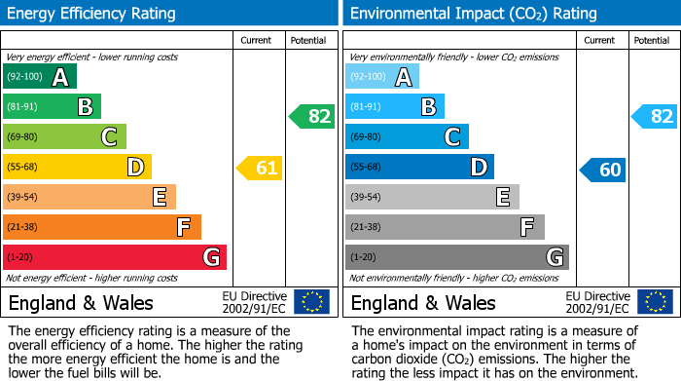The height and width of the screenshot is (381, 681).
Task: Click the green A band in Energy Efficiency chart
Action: tap(39, 77)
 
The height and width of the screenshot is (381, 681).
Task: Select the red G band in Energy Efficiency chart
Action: tap(114, 257)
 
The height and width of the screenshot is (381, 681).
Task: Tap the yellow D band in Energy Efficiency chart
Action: tap(77, 168)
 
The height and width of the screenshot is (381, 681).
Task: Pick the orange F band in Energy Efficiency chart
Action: tap(101, 228)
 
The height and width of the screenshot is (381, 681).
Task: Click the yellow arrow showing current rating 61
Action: tap(260, 168)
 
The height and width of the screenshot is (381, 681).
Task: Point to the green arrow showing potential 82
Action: tap(311, 117)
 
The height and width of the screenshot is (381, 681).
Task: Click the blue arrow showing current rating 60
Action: tap(602, 170)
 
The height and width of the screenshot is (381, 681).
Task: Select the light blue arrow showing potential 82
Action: tap(654, 117)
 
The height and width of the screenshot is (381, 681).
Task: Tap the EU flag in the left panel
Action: tap(311, 302)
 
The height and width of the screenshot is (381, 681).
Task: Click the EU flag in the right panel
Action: tap(654, 302)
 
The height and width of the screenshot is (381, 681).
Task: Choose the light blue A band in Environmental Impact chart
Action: tap(381, 77)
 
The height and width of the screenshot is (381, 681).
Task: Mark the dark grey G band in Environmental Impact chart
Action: tap(456, 257)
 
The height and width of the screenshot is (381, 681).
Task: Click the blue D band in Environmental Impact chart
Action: tap(419, 168)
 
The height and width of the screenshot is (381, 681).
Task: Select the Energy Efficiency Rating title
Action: tap(92, 14)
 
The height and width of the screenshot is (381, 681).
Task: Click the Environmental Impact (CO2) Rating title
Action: tap(473, 14)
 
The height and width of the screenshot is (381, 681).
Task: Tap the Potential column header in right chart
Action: tap(652, 40)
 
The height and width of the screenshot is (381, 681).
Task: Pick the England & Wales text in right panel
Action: tap(423, 302)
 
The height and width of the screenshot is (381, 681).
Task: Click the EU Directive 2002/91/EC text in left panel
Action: tap(254, 302)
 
